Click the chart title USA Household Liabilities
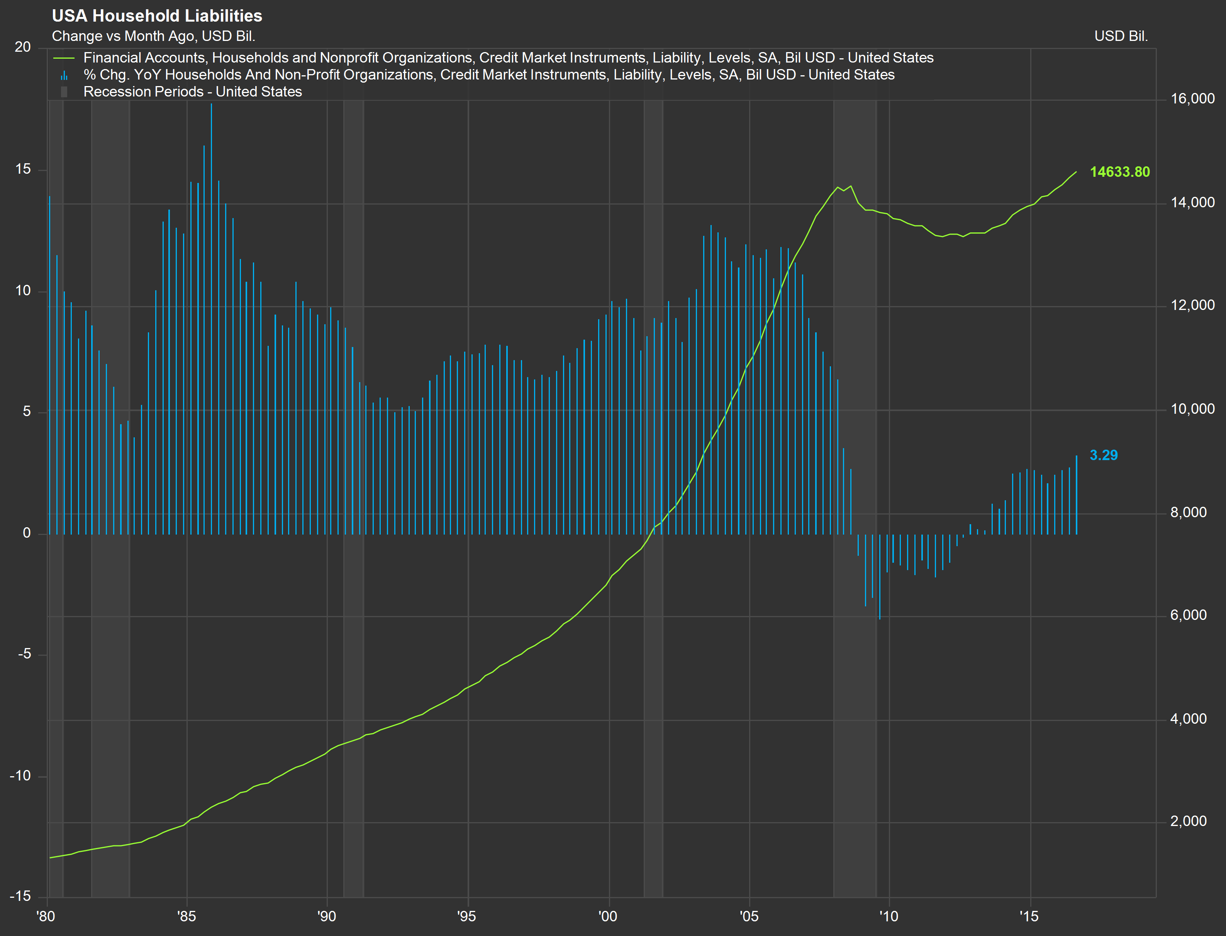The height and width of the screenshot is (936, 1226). (x=157, y=15)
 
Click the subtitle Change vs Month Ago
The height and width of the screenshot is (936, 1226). (x=153, y=36)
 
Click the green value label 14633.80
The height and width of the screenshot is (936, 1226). (x=1119, y=172)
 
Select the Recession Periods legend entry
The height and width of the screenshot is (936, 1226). (x=192, y=92)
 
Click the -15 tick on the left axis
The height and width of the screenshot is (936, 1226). (x=20, y=896)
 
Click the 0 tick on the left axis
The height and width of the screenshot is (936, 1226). (x=27, y=533)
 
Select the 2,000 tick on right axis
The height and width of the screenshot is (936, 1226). (x=1188, y=821)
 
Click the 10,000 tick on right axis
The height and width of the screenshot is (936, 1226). (x=1192, y=409)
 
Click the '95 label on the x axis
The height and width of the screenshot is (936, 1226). (x=466, y=916)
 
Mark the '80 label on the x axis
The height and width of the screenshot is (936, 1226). (x=46, y=916)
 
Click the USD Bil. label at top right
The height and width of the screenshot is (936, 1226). (x=1121, y=36)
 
